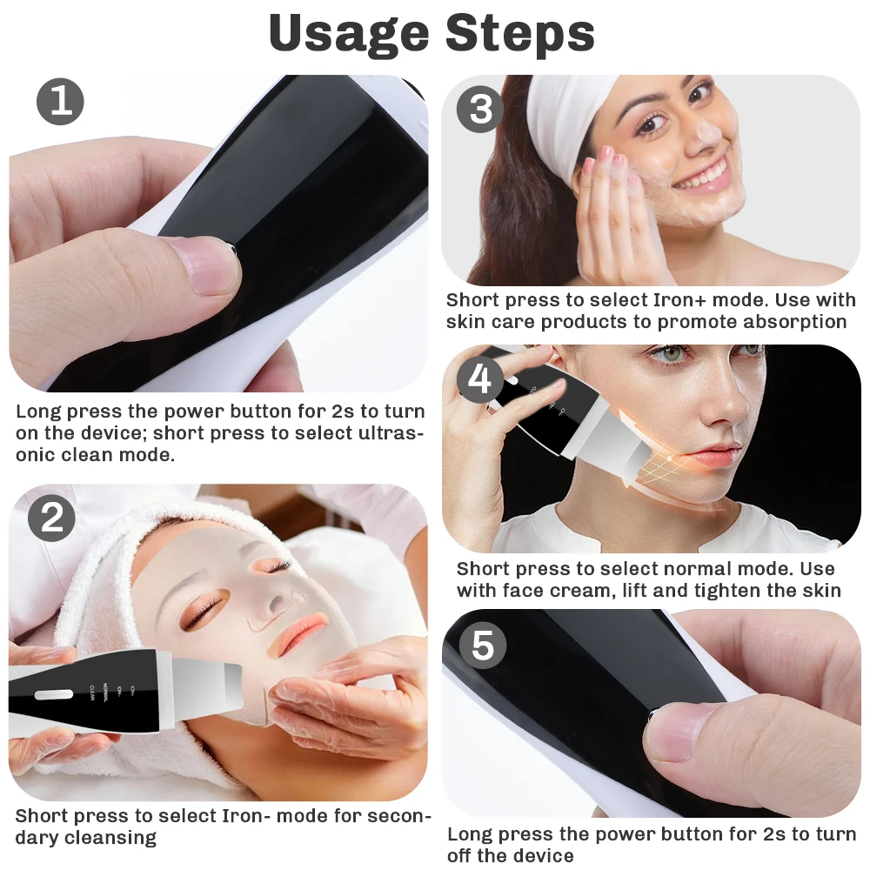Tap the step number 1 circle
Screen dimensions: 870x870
pyautogui.click(x=60, y=101)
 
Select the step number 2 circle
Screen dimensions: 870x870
pyautogui.click(x=52, y=519)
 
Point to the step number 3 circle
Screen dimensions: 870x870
pyautogui.click(x=480, y=109)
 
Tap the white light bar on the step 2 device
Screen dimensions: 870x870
pyautogui.click(x=53, y=695)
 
